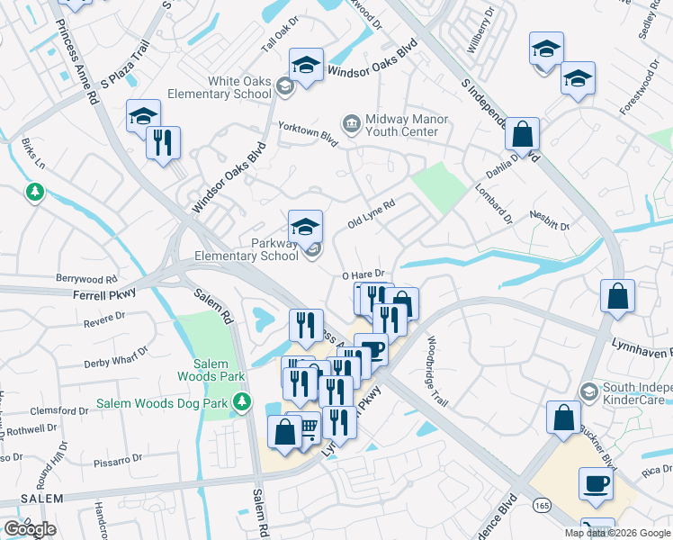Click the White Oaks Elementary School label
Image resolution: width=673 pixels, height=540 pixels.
pyautogui.click(x=239, y=87)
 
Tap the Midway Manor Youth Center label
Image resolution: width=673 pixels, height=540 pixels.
pyautogui.click(x=402, y=125)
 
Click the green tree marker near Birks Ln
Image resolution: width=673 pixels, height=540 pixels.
pyautogui.click(x=35, y=192)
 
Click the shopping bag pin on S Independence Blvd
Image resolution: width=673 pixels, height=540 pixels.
pyautogui.click(x=522, y=136)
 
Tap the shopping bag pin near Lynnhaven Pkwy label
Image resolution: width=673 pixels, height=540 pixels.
pyautogui.click(x=617, y=298)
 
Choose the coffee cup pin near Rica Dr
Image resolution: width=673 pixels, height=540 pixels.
pyautogui.click(x=595, y=485)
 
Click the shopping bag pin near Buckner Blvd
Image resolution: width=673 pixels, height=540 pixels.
pyautogui.click(x=563, y=418)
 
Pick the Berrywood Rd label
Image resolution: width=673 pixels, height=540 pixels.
pyautogui.click(x=86, y=279)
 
